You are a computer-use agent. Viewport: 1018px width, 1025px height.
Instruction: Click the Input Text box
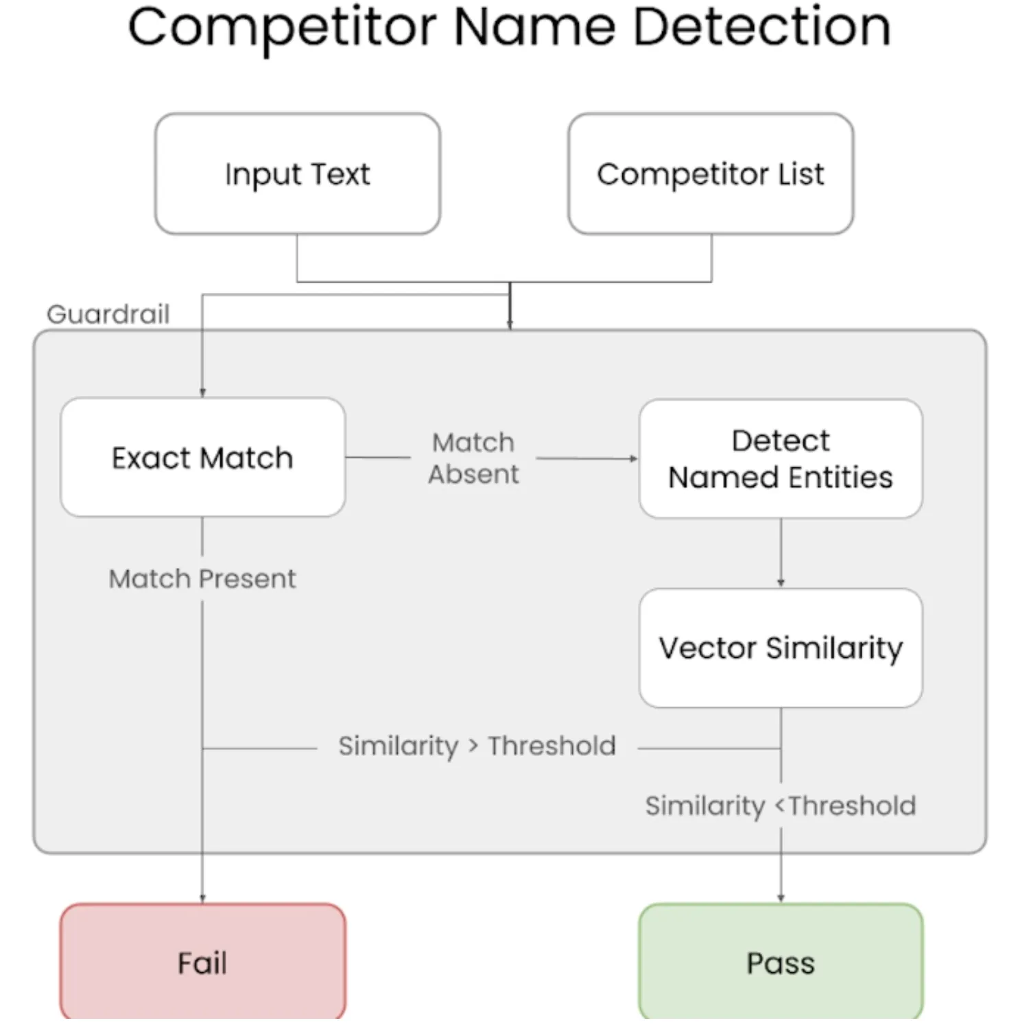click(297, 174)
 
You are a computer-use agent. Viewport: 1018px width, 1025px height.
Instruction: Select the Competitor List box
click(710, 174)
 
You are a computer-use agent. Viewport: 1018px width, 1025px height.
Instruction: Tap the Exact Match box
click(202, 458)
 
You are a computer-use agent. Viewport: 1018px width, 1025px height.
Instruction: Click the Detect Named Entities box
click(780, 459)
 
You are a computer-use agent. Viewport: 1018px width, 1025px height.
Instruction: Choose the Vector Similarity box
click(780, 648)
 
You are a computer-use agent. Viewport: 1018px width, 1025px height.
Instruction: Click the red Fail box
click(202, 962)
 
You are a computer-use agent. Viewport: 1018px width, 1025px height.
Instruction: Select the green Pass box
click(780, 962)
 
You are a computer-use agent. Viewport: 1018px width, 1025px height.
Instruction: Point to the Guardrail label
click(108, 314)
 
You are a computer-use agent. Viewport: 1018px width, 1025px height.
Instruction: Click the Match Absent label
click(473, 458)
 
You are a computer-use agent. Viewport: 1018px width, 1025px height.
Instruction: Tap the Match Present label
click(202, 579)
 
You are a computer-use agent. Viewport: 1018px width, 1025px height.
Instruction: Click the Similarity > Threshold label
click(477, 746)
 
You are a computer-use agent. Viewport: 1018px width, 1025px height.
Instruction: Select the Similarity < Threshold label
click(780, 805)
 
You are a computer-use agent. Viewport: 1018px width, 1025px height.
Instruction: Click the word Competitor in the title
click(282, 27)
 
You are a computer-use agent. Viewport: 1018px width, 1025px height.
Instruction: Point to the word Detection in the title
click(761, 27)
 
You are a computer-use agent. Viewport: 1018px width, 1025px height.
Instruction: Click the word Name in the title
click(535, 27)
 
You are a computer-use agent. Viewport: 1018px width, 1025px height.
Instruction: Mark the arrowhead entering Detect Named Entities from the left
click(634, 458)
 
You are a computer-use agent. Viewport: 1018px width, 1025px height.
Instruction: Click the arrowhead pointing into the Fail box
click(202, 898)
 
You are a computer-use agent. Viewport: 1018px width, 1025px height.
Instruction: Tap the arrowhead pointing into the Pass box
click(781, 898)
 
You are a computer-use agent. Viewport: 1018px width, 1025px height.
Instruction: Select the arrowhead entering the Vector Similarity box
click(781, 583)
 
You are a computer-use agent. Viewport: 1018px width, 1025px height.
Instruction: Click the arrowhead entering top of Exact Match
click(202, 393)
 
